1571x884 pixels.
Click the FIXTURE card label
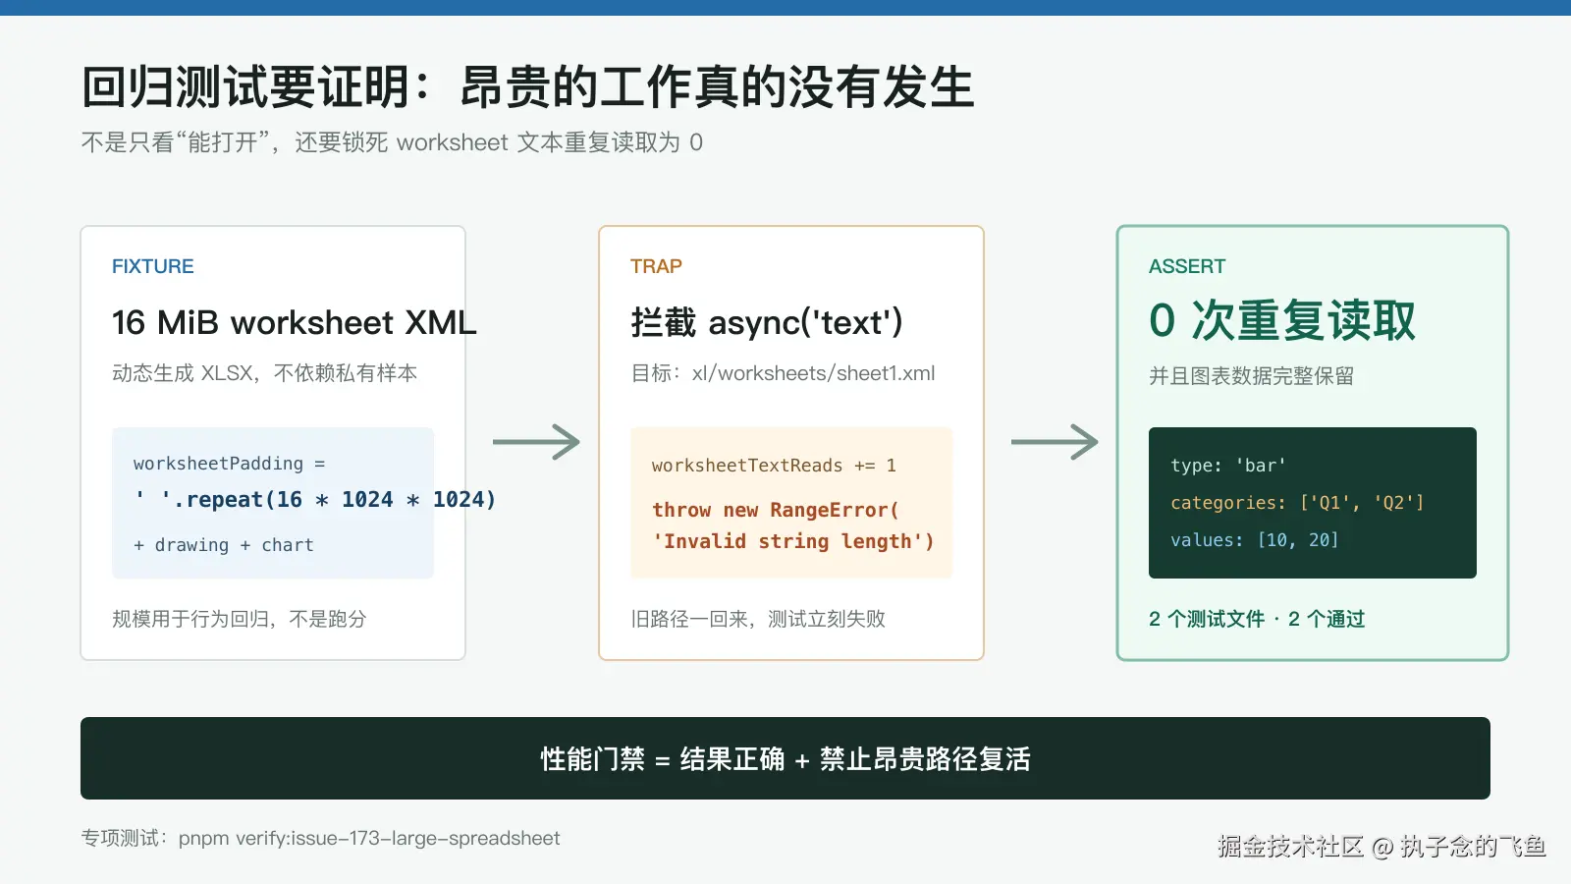(x=153, y=266)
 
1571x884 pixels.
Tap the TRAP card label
(x=656, y=266)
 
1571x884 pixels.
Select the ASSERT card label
(x=1187, y=266)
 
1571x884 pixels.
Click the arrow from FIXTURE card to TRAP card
(x=536, y=442)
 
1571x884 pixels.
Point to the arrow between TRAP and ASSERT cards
(x=1055, y=442)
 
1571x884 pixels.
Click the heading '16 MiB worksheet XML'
(x=294, y=323)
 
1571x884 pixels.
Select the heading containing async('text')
(x=767, y=323)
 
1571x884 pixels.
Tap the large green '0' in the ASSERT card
(x=1162, y=320)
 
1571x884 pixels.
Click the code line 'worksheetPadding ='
(x=230, y=464)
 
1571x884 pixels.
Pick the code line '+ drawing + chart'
(x=224, y=545)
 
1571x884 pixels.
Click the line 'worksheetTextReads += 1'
(x=774, y=466)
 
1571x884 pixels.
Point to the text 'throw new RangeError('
(x=775, y=510)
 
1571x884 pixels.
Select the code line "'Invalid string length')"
(x=793, y=541)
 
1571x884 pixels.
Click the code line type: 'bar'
(x=1228, y=466)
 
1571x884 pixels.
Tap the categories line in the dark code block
(x=1297, y=503)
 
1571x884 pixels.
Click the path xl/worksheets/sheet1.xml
(x=814, y=373)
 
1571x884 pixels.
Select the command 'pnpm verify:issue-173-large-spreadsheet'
(x=369, y=839)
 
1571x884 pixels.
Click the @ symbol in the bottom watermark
(x=1381, y=848)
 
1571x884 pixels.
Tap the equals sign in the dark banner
(x=662, y=760)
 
